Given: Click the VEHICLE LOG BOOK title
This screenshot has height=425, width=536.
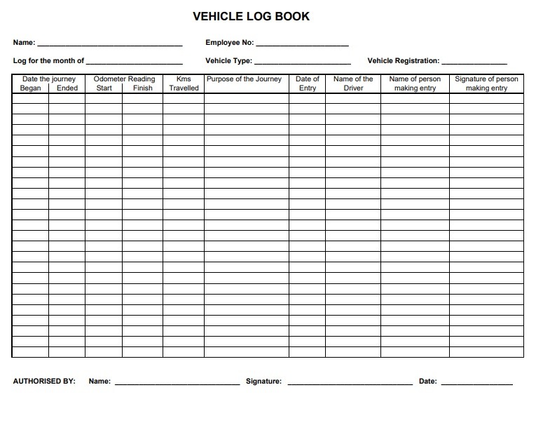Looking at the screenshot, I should [251, 16].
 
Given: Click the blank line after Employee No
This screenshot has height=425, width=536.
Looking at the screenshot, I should [302, 43].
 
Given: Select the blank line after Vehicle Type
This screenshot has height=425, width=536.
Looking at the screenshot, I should [302, 62].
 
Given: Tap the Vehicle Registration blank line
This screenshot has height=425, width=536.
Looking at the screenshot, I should [474, 62].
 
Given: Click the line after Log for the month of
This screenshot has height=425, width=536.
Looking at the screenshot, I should [134, 62].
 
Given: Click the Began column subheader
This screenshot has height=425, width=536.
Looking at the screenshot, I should [31, 88].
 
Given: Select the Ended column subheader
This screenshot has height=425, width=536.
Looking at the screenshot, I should [67, 88].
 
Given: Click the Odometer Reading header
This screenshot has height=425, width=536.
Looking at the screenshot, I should [124, 79].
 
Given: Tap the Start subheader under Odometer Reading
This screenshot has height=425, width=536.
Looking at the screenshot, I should [104, 88].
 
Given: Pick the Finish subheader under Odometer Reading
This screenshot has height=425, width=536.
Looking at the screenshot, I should [142, 88].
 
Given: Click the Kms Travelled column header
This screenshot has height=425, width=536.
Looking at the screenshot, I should [184, 83].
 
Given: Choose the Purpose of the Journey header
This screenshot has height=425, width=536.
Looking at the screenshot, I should [244, 79].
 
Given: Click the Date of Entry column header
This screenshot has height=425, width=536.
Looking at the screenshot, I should [308, 83].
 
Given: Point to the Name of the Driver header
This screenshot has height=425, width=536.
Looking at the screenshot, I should [353, 83].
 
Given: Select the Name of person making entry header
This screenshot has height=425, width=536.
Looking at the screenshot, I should [415, 83].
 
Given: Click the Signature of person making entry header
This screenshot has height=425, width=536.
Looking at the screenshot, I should [486, 83].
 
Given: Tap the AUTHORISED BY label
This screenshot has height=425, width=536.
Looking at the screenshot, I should [44, 382].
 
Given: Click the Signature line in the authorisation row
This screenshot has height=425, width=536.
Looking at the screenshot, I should [350, 382].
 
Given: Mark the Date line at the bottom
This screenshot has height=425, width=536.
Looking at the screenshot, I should [476, 382].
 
